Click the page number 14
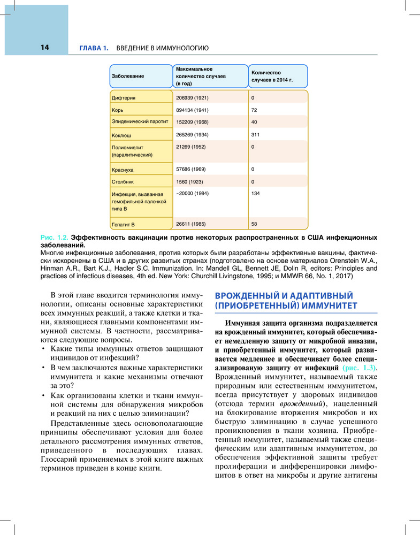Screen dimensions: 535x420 44,48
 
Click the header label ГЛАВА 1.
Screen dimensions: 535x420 94,48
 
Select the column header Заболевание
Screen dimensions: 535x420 127,77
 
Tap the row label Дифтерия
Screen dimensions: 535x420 124,98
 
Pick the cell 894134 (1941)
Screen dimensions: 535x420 192,110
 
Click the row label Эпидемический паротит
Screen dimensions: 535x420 140,122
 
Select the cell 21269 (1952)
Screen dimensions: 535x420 191,147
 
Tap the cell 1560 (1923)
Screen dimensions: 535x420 188,182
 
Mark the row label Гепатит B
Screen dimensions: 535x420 124,224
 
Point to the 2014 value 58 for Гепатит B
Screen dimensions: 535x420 254,223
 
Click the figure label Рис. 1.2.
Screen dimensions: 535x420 55,236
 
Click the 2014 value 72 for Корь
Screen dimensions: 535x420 254,110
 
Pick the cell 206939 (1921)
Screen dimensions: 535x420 192,98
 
